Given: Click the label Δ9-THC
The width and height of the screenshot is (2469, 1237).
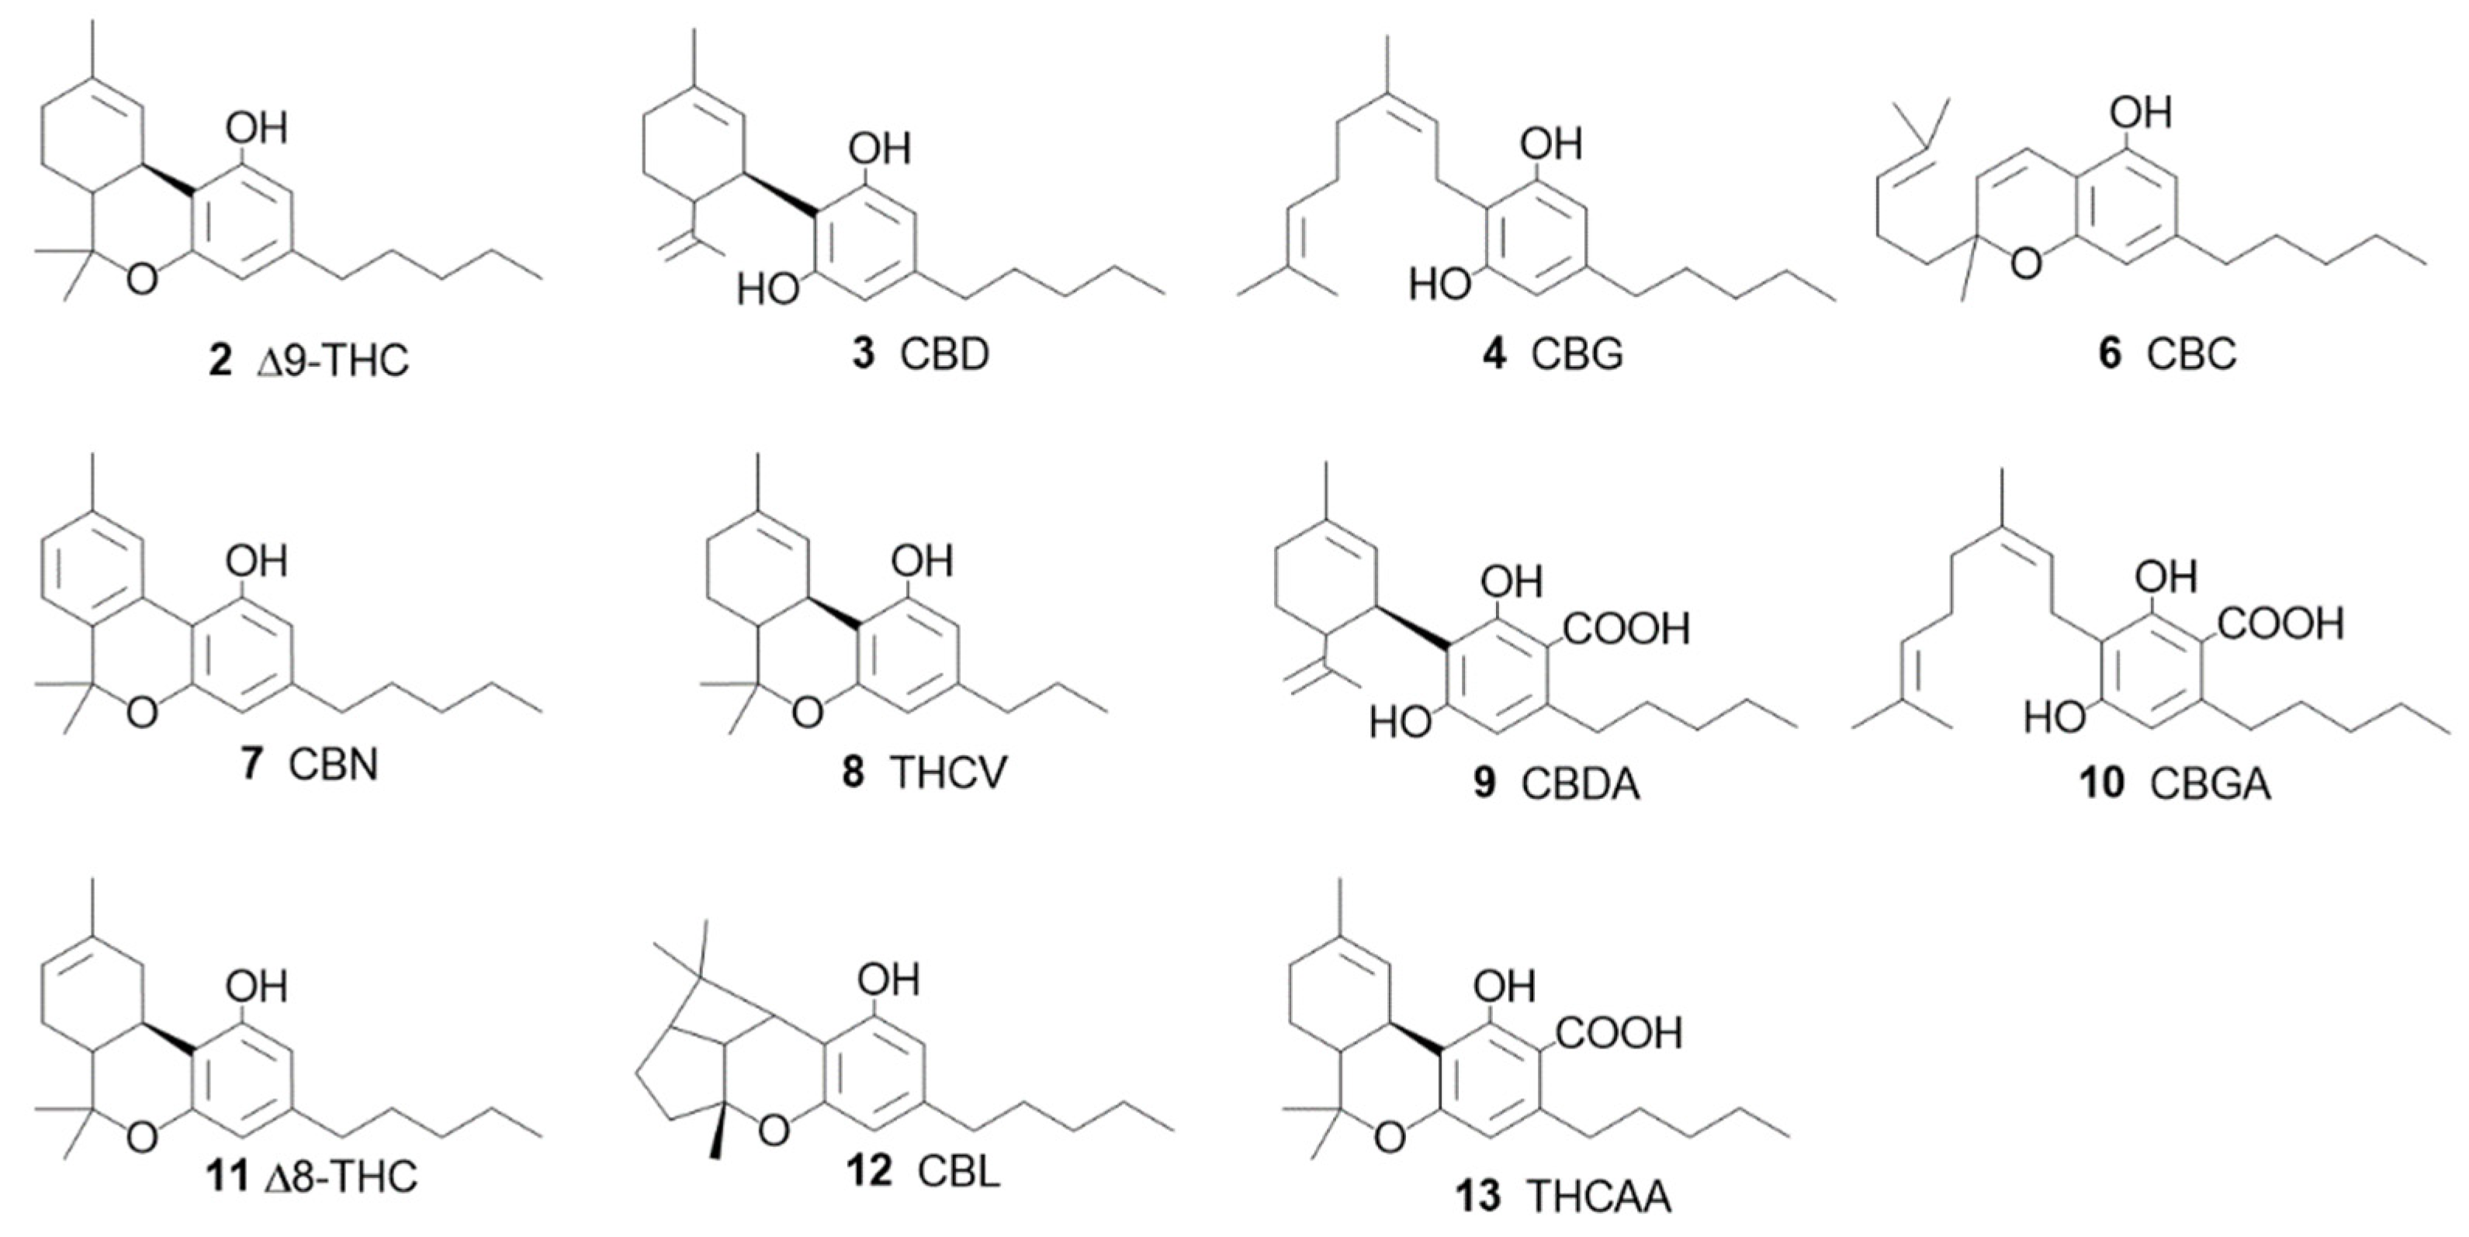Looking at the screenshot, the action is [x=334, y=361].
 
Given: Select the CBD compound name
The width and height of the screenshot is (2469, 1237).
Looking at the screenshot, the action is [x=944, y=354].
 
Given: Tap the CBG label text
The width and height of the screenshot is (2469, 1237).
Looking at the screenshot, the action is [x=1577, y=354].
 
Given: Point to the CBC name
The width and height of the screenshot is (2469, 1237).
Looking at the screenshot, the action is [x=2191, y=354].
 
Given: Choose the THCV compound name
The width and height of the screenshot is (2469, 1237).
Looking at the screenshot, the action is [x=949, y=772].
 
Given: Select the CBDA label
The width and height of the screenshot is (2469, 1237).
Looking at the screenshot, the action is [x=1581, y=784].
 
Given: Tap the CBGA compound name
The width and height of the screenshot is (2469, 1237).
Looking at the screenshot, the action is [x=2210, y=784].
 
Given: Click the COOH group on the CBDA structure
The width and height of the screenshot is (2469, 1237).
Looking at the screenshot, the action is [x=1626, y=628].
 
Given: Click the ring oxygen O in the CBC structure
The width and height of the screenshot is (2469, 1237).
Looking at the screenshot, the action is [x=2025, y=263].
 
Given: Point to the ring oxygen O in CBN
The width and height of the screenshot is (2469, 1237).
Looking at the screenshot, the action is [x=142, y=711].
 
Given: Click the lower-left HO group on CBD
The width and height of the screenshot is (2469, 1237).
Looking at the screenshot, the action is [x=767, y=288].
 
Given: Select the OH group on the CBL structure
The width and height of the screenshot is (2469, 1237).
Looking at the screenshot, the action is [x=888, y=980].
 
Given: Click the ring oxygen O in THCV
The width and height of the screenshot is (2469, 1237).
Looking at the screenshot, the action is [x=808, y=711].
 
